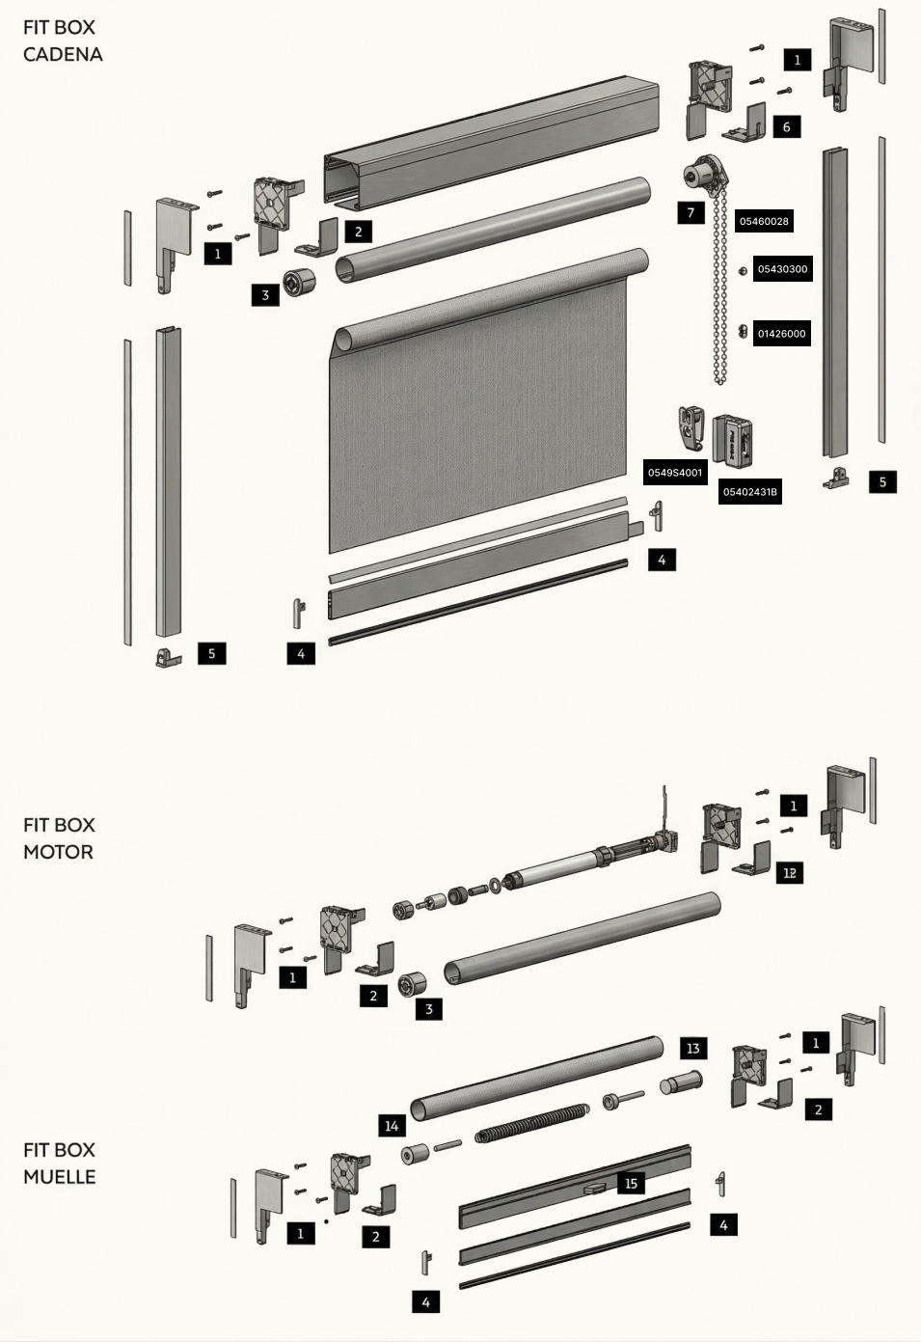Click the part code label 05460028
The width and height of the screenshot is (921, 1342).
point(764,221)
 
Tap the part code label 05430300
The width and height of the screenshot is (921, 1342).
point(783,269)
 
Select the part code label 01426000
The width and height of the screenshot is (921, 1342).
point(781,334)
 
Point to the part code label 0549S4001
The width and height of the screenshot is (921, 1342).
point(675,473)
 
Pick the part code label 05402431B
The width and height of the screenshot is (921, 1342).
point(749,492)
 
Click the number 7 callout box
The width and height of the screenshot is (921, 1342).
point(691,212)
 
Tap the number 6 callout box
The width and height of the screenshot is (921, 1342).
point(786,127)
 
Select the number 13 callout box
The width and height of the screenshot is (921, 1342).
point(692,1049)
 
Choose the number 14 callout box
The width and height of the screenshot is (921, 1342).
point(392,1126)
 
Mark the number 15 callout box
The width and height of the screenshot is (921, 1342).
point(631,1183)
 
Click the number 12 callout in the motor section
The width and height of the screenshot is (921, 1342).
point(789,873)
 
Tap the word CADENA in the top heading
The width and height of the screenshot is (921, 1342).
point(63,55)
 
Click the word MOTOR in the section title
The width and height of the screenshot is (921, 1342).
point(58,852)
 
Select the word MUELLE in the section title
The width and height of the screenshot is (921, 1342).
point(59,1177)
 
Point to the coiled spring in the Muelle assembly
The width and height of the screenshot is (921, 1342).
point(531,1120)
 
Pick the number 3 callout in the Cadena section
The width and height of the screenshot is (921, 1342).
point(265,295)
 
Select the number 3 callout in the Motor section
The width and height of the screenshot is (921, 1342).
point(429,1009)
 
